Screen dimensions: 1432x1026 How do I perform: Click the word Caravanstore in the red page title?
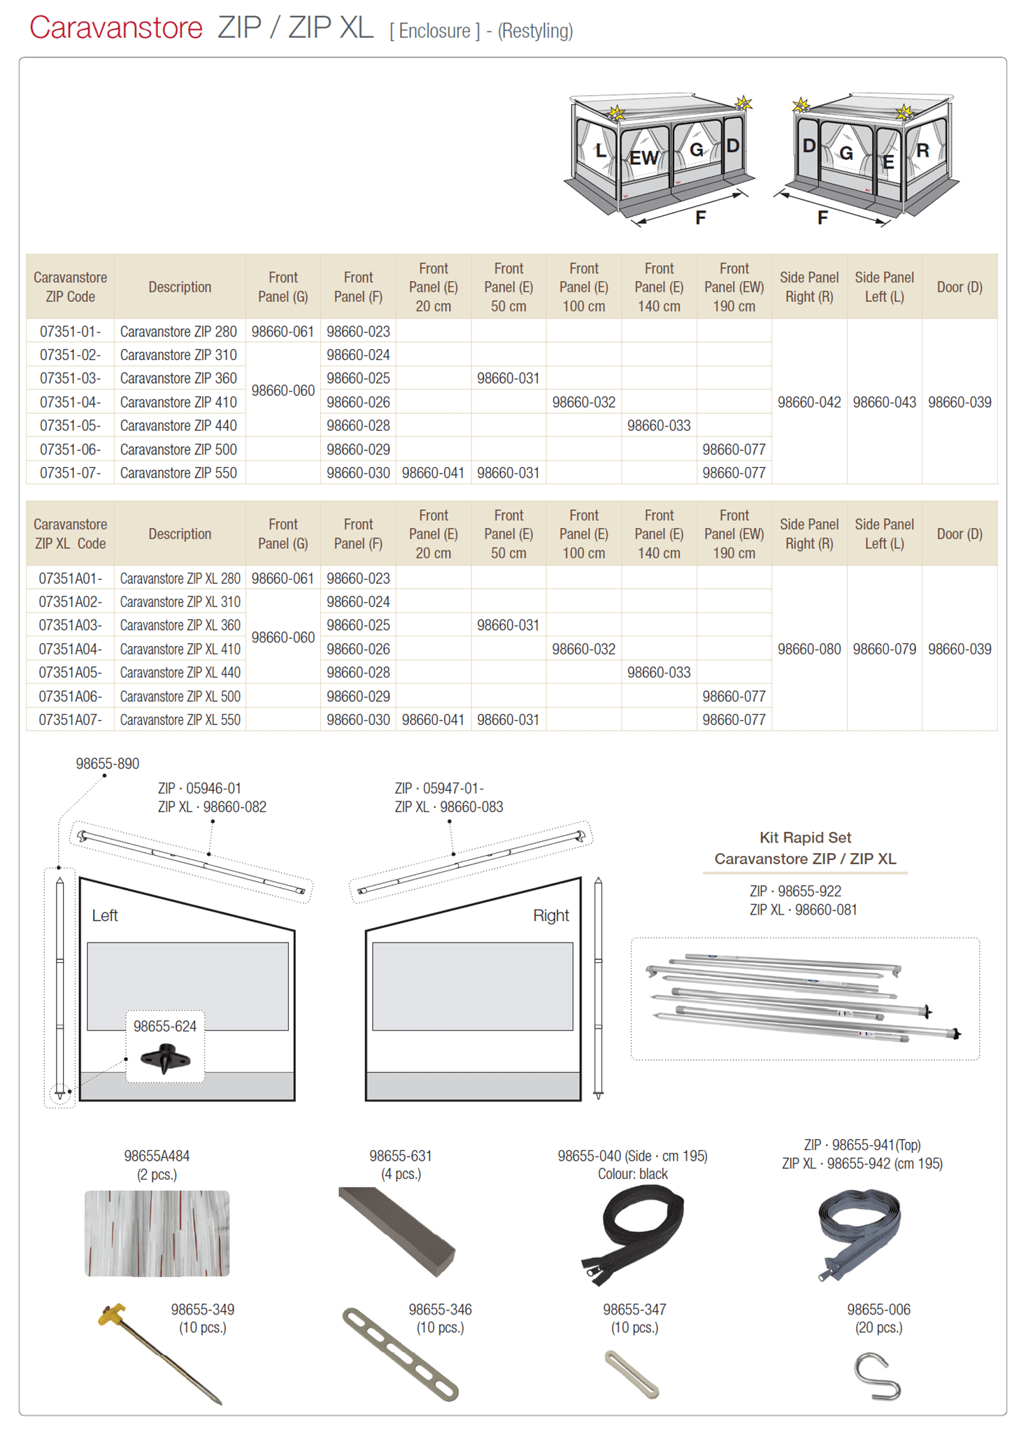(116, 29)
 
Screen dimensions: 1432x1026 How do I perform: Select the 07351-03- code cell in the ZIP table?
(70, 378)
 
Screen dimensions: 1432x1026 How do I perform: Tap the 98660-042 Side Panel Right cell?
(808, 402)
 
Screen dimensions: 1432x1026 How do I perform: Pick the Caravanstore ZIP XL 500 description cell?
(180, 696)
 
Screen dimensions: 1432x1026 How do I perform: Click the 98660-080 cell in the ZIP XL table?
(808, 649)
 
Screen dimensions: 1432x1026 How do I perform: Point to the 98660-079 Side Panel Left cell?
(884, 649)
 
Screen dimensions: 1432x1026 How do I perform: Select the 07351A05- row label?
(70, 673)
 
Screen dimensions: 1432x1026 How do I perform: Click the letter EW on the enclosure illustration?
(643, 158)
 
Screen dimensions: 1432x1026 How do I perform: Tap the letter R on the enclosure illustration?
(922, 150)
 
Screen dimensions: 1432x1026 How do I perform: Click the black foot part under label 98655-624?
(165, 1058)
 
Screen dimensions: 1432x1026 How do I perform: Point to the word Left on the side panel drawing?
(105, 915)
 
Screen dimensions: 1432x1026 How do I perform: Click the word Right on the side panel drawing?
(550, 915)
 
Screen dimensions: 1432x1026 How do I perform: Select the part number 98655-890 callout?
(107, 764)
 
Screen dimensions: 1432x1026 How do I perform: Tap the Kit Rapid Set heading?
(805, 838)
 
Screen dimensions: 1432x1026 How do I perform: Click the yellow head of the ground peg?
(113, 1316)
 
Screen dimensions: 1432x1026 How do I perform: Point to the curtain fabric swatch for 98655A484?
(157, 1233)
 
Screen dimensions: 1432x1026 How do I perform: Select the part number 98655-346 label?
(440, 1310)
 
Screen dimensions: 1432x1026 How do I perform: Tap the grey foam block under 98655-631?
(397, 1231)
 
